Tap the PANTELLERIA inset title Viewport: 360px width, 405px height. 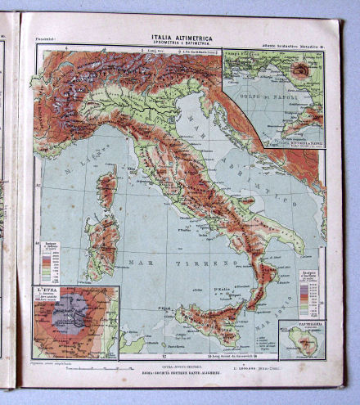pos(302,324)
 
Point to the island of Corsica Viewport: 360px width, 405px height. pos(106,189)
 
